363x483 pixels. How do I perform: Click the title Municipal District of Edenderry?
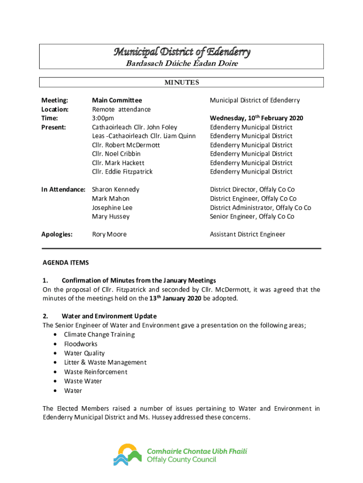click(x=181, y=52)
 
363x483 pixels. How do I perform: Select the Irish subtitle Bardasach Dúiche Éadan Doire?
click(x=181, y=64)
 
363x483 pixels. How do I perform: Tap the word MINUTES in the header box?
click(x=181, y=83)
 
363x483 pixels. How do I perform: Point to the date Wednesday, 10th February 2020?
click(x=256, y=118)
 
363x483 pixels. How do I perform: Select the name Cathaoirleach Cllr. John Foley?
click(x=134, y=127)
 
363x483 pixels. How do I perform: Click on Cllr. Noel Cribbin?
click(x=116, y=154)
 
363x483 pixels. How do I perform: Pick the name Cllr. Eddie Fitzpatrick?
click(x=122, y=172)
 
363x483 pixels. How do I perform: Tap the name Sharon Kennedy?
click(x=115, y=190)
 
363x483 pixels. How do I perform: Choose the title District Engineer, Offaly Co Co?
click(x=253, y=199)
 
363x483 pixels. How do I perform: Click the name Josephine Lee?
click(x=112, y=208)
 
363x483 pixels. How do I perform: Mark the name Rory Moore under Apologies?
click(x=109, y=234)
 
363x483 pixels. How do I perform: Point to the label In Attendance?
click(x=63, y=190)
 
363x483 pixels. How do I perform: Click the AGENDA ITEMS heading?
click(x=66, y=263)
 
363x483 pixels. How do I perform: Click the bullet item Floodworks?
click(x=81, y=344)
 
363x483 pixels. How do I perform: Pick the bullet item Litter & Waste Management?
click(x=105, y=362)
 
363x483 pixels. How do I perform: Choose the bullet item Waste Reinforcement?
click(x=96, y=372)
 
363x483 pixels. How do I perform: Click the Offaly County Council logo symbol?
click(x=127, y=455)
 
